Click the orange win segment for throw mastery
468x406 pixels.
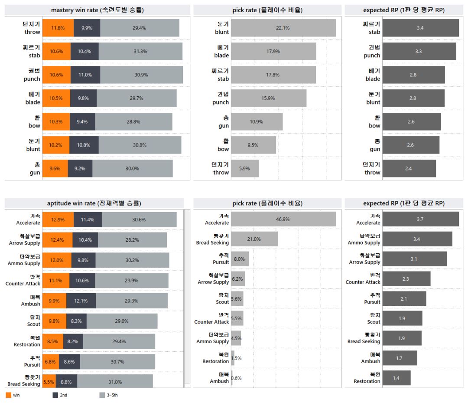(x=58, y=28)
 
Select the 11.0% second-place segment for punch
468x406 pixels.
(x=85, y=75)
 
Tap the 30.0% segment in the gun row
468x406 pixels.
(x=132, y=168)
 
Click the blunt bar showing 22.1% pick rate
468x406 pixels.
(x=283, y=28)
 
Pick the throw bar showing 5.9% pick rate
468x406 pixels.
(x=245, y=168)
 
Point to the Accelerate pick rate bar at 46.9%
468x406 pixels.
(x=283, y=219)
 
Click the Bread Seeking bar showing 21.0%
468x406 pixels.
(x=254, y=239)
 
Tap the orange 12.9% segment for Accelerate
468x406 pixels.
(x=58, y=219)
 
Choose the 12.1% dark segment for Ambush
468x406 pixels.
(x=81, y=301)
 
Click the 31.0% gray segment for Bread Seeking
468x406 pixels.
(x=115, y=382)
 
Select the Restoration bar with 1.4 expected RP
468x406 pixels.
(x=396, y=378)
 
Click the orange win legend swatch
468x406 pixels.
(x=9, y=395)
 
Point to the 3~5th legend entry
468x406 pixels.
(x=108, y=395)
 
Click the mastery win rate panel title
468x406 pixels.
(x=97, y=10)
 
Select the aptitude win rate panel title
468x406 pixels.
(x=94, y=203)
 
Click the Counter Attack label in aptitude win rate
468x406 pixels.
(x=23, y=280)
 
